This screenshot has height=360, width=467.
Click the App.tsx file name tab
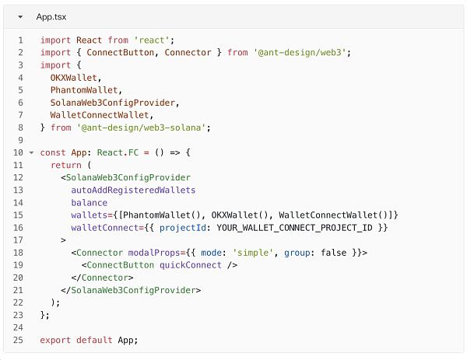[51, 17]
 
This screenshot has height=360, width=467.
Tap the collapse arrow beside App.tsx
[20, 17]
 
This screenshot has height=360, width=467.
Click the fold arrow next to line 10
[31, 153]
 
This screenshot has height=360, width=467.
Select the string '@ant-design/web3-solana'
[141, 128]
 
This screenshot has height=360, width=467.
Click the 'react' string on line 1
[152, 40]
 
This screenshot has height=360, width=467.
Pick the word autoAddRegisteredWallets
[133, 190]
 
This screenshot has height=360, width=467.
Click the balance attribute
[89, 203]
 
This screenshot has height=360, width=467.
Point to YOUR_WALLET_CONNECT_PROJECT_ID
[294, 228]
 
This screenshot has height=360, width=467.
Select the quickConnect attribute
[191, 265]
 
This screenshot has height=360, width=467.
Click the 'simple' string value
[253, 253]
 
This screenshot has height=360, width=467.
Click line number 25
[18, 340]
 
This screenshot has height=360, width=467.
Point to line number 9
[20, 140]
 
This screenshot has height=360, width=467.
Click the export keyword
[55, 340]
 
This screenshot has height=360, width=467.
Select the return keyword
[66, 165]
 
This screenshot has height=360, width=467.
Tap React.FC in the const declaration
[118, 152]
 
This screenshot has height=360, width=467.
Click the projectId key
[183, 228]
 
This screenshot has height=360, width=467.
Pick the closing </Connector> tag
[102, 278]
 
